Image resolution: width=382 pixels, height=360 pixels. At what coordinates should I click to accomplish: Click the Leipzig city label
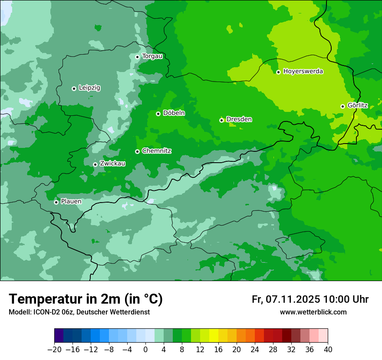click(89, 88)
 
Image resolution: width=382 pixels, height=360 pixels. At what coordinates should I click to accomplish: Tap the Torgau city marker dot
click(137, 57)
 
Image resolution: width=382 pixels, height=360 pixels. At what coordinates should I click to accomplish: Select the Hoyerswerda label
click(303, 71)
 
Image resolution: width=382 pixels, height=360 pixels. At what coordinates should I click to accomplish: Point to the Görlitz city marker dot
click(342, 106)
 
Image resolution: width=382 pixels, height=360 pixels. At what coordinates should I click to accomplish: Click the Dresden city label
click(239, 119)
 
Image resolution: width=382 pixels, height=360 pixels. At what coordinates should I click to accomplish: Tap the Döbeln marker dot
click(158, 114)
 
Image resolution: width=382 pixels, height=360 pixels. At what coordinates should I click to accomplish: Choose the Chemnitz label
click(156, 151)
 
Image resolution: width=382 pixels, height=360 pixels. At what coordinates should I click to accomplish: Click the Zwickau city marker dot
click(95, 164)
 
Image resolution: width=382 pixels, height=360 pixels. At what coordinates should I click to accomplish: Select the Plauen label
click(71, 201)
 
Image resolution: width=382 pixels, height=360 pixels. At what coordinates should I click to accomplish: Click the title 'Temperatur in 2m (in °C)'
click(86, 299)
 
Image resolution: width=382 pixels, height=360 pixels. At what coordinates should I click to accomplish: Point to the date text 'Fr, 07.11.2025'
click(286, 299)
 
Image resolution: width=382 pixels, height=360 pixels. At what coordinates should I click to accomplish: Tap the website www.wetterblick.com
click(313, 312)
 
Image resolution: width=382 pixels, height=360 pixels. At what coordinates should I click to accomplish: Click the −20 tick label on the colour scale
click(54, 350)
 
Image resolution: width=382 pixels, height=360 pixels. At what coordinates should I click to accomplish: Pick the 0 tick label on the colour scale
click(145, 350)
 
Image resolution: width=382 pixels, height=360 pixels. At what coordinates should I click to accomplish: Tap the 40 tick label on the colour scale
click(328, 350)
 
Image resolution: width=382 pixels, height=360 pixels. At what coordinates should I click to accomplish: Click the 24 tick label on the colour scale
click(255, 350)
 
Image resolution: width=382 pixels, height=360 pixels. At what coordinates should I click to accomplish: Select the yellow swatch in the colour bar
click(214, 336)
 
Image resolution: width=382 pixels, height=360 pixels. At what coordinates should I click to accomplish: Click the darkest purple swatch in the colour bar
click(59, 336)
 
